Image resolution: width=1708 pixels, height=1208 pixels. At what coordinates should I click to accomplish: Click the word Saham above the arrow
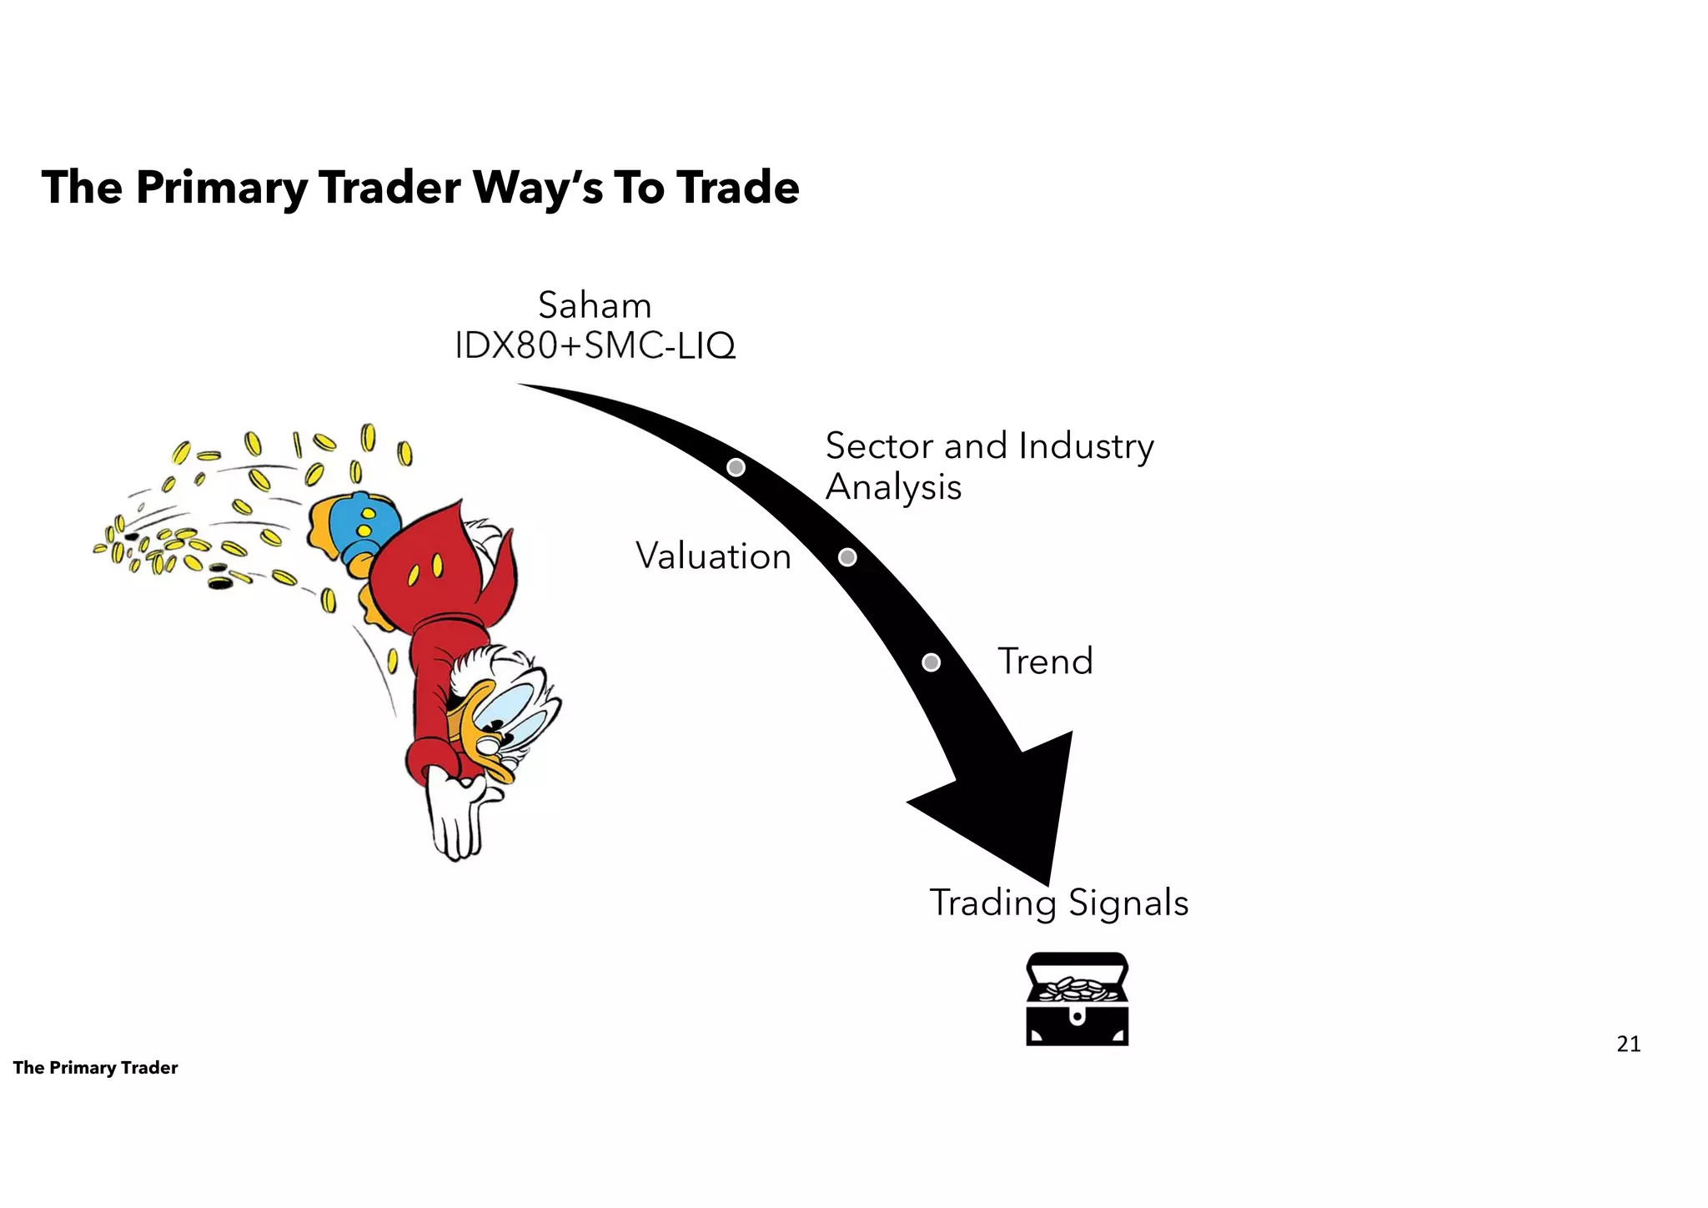[594, 306]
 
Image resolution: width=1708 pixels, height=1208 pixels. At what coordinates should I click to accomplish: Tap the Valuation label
[713, 556]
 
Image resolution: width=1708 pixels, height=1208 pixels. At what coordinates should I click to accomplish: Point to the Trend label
[1045, 662]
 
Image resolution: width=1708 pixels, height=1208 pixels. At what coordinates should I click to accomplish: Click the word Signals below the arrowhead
[1128, 903]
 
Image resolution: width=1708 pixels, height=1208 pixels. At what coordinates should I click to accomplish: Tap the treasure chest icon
[1077, 999]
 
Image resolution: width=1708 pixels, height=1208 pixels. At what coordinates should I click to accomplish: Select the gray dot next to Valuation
[847, 557]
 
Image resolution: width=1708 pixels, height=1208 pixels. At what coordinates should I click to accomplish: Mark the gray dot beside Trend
[932, 662]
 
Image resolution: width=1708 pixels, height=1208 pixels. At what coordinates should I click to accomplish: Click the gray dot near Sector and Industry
[736, 467]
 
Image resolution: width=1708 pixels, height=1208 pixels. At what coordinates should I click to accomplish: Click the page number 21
[1628, 1044]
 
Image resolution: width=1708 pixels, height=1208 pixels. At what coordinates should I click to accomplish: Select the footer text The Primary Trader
[95, 1068]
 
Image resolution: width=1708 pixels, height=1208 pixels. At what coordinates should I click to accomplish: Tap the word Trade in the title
[737, 188]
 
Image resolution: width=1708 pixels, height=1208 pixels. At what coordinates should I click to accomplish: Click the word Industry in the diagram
[1086, 446]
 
